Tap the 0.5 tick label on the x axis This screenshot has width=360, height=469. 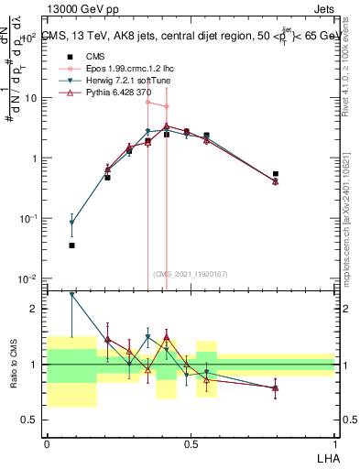(191, 442)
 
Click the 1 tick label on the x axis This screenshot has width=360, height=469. (334, 442)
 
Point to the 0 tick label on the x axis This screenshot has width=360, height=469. (47, 442)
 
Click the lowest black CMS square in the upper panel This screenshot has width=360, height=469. (71, 245)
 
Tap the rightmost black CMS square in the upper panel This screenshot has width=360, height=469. (276, 173)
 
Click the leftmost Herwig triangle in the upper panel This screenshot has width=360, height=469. (71, 223)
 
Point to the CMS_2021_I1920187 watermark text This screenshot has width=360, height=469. (190, 273)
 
